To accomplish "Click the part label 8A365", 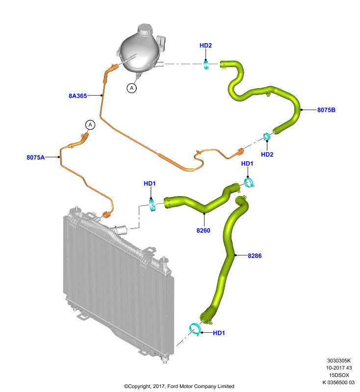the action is pyautogui.click(x=78, y=96).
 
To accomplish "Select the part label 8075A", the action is pyautogui.click(x=35, y=157).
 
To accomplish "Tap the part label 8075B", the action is pyautogui.click(x=326, y=110).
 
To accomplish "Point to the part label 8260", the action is pyautogui.click(x=203, y=230).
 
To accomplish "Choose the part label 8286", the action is pyautogui.click(x=255, y=255).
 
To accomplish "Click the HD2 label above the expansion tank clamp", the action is pyautogui.click(x=206, y=45).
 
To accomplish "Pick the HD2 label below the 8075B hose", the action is pyautogui.click(x=267, y=154).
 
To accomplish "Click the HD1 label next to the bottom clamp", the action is pyautogui.click(x=219, y=333).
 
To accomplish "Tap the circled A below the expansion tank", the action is pyautogui.click(x=131, y=88).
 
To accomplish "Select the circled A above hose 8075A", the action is pyautogui.click(x=90, y=125).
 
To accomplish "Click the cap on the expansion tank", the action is pyautogui.click(x=145, y=30).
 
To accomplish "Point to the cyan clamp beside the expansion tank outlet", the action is pyautogui.click(x=206, y=65).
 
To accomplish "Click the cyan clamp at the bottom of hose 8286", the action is pyautogui.click(x=195, y=329).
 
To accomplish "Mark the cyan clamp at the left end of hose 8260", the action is pyautogui.click(x=152, y=204).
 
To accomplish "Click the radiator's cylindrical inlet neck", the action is pyautogui.click(x=121, y=230).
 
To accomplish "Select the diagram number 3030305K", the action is pyautogui.click(x=339, y=361).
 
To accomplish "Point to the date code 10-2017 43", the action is pyautogui.click(x=339, y=368).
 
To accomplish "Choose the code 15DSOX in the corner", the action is pyautogui.click(x=339, y=375).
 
